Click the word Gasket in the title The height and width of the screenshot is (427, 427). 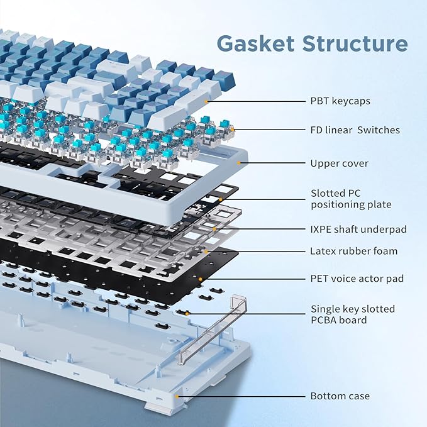coord(257,43)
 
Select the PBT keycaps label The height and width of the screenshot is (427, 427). coord(340,100)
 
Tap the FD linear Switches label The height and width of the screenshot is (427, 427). coord(355,130)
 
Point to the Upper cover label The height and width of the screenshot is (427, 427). coord(339,164)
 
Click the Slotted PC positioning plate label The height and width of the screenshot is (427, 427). coord(351,199)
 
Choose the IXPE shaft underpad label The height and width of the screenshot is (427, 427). coord(358,230)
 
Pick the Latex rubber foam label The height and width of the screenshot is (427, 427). coord(353,251)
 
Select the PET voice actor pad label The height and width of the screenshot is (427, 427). coord(357,278)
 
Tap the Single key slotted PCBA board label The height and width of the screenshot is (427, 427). coord(353,314)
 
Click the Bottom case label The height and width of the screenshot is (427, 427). coord(340,396)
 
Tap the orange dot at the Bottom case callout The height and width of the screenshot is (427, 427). coord(178,396)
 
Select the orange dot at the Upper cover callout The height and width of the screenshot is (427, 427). coord(239,164)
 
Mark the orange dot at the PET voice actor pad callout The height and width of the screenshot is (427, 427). coord(201,278)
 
